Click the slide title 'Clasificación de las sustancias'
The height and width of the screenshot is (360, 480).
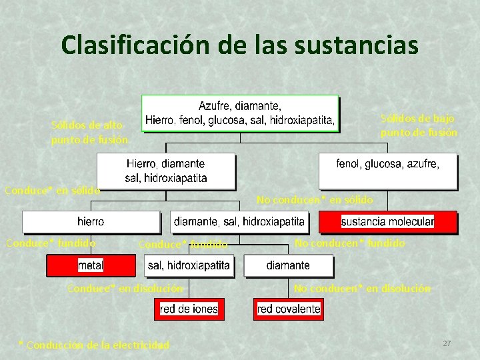(x=239, y=45)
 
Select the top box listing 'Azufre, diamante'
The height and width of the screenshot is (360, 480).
(x=240, y=113)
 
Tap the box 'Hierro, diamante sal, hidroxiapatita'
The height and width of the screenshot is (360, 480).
(x=166, y=171)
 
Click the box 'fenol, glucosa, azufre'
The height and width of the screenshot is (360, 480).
(x=387, y=171)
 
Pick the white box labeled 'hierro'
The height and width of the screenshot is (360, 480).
(x=91, y=221)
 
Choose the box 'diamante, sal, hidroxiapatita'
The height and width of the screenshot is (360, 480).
(x=239, y=221)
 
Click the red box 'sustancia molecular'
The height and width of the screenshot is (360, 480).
(x=387, y=221)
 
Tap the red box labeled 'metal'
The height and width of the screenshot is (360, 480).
(x=91, y=265)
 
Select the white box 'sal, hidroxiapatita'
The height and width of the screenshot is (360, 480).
(x=189, y=265)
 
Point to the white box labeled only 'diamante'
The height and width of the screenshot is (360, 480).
(x=288, y=265)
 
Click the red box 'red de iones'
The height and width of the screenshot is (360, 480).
(x=189, y=309)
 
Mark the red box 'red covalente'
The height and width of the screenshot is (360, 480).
(x=288, y=309)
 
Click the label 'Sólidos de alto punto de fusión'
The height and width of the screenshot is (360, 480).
(x=87, y=132)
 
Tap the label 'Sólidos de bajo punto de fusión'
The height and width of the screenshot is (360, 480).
(x=419, y=125)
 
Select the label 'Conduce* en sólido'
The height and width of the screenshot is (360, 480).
(x=52, y=190)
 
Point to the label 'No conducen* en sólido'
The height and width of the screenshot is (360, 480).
(x=315, y=199)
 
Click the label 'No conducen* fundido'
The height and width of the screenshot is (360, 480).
(x=349, y=243)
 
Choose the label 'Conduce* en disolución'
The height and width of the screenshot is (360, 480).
(x=125, y=288)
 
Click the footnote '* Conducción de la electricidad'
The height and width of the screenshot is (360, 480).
(x=94, y=345)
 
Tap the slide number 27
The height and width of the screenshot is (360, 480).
(x=447, y=343)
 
